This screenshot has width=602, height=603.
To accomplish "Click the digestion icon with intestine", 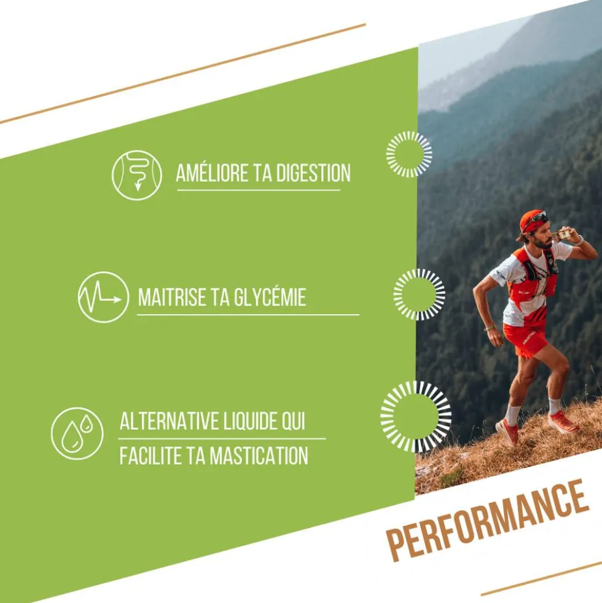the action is point(137,175).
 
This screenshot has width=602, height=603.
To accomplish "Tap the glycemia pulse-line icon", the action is point(103,298).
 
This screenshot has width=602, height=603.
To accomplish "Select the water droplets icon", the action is point(77,433).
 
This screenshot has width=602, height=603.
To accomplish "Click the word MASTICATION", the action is point(259,455).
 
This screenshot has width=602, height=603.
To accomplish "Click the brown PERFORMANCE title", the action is point(488,520).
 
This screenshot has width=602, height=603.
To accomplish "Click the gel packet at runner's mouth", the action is point(563,234).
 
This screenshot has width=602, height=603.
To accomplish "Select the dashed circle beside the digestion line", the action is point(409,154).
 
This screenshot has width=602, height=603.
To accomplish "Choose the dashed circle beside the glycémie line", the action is point(419,294).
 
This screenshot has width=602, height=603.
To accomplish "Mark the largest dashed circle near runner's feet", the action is point(415,417).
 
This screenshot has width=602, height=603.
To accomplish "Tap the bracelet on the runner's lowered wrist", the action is point(489,328).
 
